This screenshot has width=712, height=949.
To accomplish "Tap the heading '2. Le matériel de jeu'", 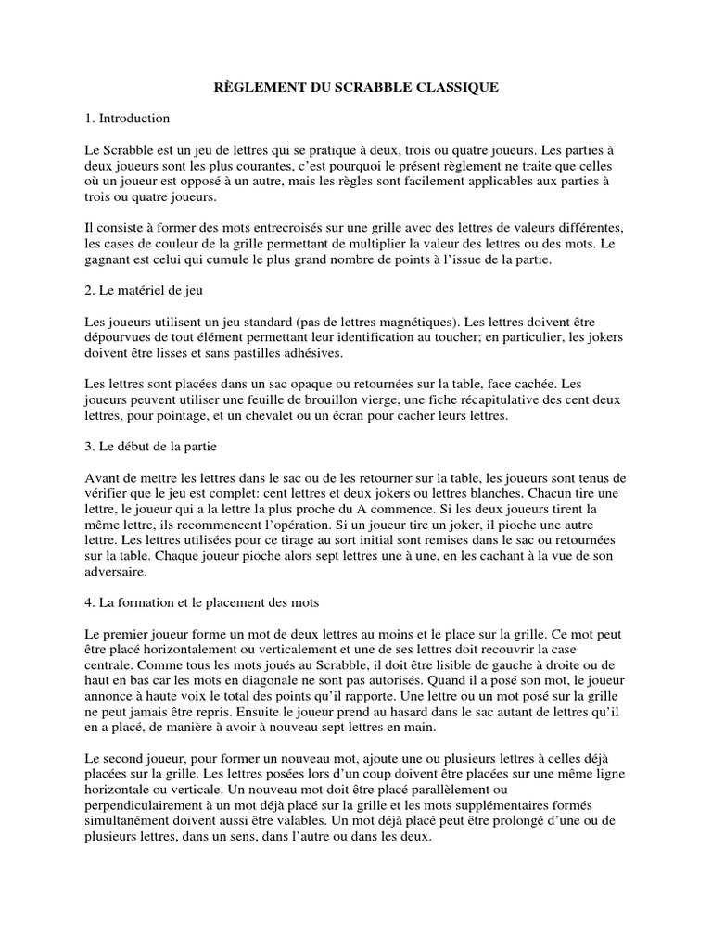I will pos(143,290).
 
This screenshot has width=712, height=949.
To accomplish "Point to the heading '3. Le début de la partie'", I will pos(149,447).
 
